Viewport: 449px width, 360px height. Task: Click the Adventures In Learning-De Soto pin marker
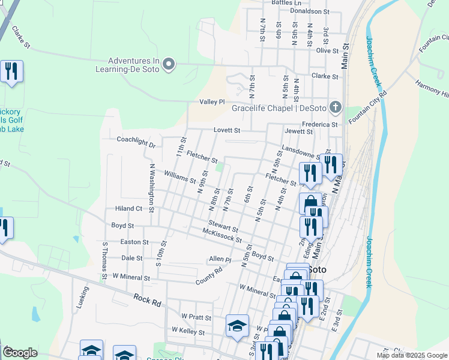pyautogui.click(x=169, y=64)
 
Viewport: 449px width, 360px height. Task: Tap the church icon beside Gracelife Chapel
pyautogui.click(x=335, y=108)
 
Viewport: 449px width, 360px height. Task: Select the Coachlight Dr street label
pyautogui.click(x=136, y=145)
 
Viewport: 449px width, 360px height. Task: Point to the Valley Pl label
pyautogui.click(x=212, y=102)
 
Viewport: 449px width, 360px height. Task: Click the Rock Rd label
pyautogui.click(x=147, y=300)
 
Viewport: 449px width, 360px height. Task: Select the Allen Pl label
pyautogui.click(x=220, y=259)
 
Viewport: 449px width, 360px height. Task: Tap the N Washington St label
pyautogui.click(x=152, y=187)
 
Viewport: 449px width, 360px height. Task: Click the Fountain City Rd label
pyautogui.click(x=366, y=105)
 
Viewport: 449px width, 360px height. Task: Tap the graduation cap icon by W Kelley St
pyautogui.click(x=237, y=326)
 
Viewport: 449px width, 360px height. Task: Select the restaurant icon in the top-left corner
pyautogui.click(x=11, y=72)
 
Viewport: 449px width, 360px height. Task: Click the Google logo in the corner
pyautogui.click(x=20, y=353)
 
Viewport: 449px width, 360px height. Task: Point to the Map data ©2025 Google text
pyautogui.click(x=412, y=355)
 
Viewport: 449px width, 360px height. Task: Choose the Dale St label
pyautogui.click(x=131, y=258)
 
